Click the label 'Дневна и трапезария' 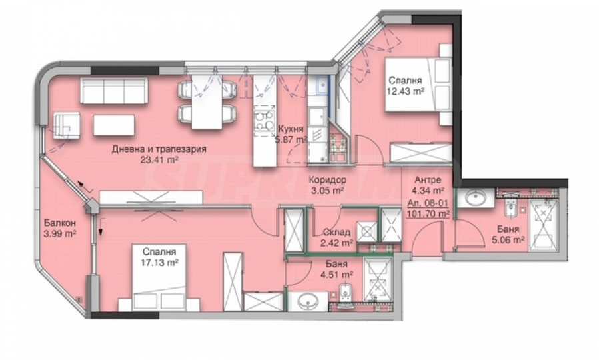click(x=159, y=149)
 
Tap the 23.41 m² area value click(x=159, y=160)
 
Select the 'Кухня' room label click(x=291, y=129)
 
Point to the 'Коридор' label click(x=327, y=179)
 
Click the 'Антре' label click(x=428, y=179)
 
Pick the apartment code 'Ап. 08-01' click(x=428, y=203)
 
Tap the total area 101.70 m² click(x=428, y=213)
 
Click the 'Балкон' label click(x=59, y=223)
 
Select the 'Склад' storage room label click(x=336, y=232)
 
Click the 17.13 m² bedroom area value click(x=159, y=263)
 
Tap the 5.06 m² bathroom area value click(x=508, y=239)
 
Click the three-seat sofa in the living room click(x=114, y=91)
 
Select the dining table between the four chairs click(x=207, y=101)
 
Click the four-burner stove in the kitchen click(x=264, y=120)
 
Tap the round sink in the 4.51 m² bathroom click(x=308, y=302)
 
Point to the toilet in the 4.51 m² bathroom click(x=346, y=296)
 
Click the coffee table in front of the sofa click(x=114, y=125)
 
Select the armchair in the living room click(x=67, y=125)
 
